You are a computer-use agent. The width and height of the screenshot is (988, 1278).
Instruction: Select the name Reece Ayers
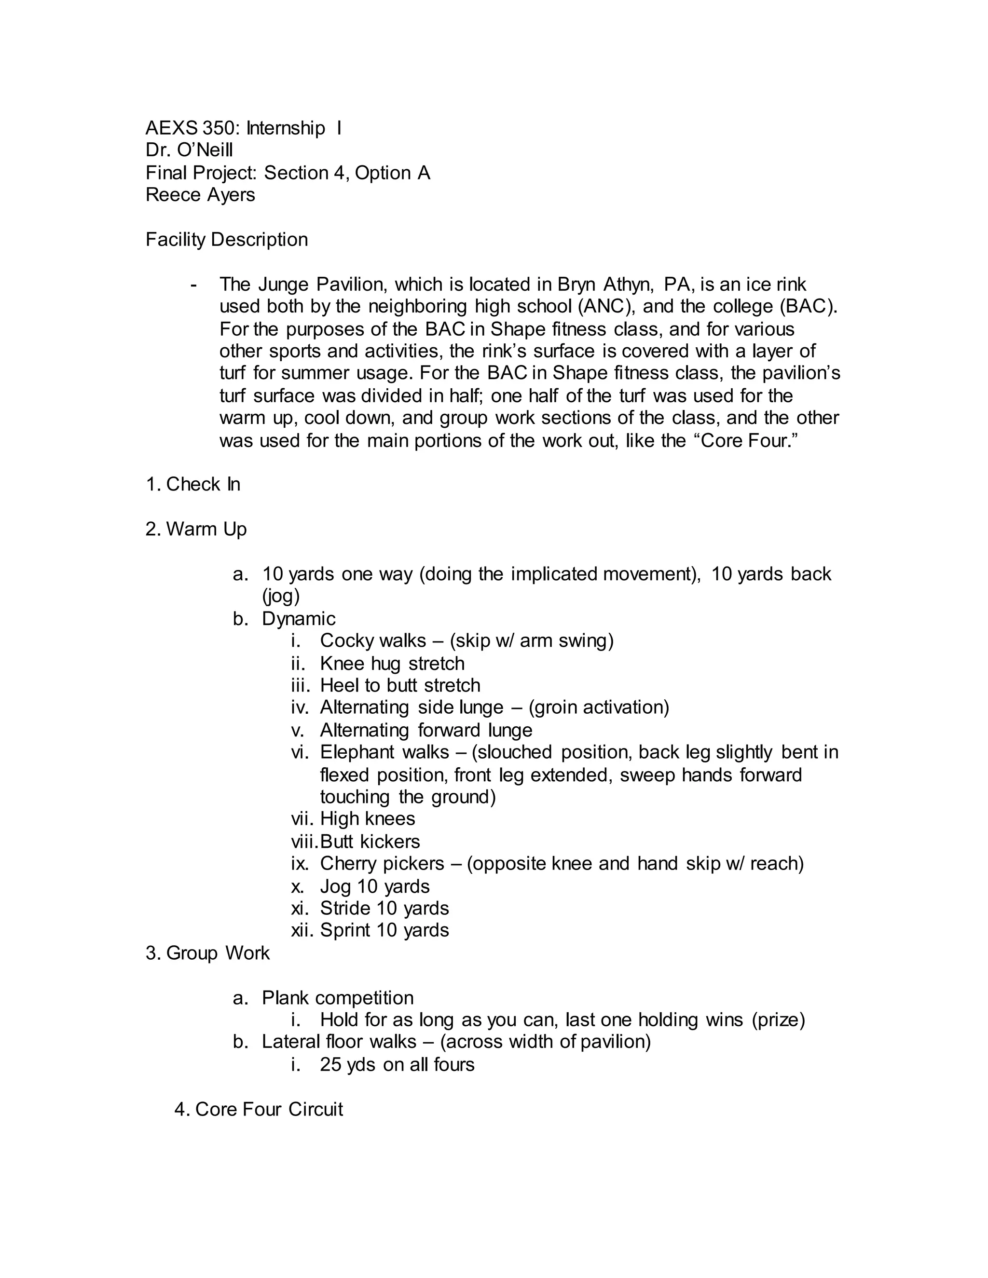coord(200,195)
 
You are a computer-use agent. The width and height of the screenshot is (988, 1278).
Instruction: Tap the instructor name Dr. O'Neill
coord(189,150)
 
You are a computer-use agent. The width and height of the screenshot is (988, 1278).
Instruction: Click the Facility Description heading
coord(227,240)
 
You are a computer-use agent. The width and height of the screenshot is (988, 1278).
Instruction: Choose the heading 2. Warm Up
coord(196,530)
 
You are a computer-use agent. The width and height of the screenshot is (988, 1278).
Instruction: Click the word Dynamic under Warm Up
coord(299,619)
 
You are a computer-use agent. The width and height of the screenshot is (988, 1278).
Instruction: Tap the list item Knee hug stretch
coord(392,664)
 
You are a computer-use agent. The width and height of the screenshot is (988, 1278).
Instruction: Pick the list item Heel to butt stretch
coord(400,686)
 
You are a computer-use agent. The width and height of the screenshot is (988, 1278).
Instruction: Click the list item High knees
coord(367,819)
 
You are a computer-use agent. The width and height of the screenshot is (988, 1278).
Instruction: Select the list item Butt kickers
coord(370,842)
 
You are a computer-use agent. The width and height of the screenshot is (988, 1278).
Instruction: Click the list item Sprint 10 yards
coord(384,930)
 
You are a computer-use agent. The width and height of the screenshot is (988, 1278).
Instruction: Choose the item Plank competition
coord(337,998)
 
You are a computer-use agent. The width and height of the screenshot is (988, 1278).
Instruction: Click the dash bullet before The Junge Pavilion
coord(194,285)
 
